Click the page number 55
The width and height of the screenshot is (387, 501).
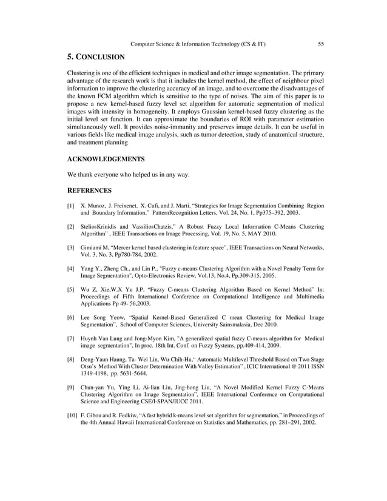(x=321, y=44)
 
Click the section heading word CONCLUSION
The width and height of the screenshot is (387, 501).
(x=101, y=58)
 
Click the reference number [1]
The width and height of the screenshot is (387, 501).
(x=71, y=206)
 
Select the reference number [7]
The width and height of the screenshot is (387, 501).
(x=71, y=338)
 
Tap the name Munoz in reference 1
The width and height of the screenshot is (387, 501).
(x=101, y=206)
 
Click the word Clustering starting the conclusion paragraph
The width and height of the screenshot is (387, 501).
(x=80, y=73)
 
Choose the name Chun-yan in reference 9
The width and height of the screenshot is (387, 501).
(x=94, y=387)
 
